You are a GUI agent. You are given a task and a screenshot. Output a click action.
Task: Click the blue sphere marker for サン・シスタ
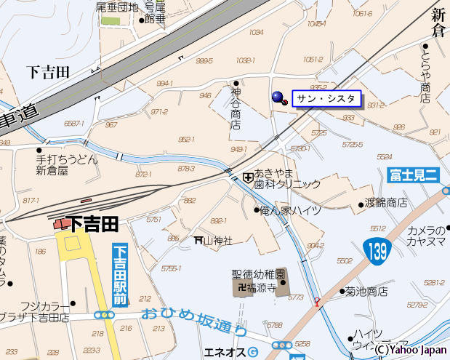click(x=278, y=97)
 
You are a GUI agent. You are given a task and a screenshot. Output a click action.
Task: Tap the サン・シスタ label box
click(x=326, y=98)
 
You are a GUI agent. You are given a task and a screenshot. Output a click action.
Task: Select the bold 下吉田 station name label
click(x=93, y=223)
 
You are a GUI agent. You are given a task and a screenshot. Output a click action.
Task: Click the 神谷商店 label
click(x=235, y=108)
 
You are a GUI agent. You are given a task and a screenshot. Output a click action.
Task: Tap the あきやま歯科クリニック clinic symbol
click(x=249, y=177)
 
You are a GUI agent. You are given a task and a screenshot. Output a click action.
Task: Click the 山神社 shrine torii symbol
click(x=198, y=240)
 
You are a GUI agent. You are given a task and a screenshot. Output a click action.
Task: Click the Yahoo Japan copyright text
click(x=411, y=349)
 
